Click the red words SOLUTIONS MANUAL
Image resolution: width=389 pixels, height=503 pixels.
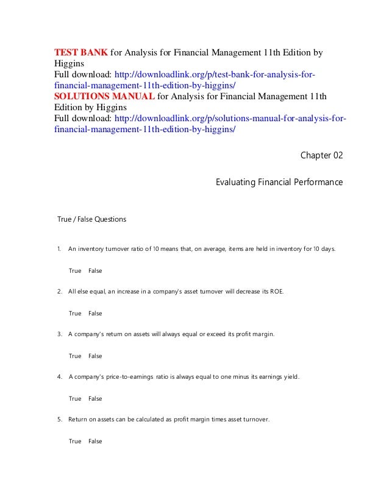click(x=104, y=96)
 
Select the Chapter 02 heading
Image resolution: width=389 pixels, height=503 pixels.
click(x=322, y=157)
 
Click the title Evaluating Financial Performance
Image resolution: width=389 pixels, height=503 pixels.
click(x=279, y=182)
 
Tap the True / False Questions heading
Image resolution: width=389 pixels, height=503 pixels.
click(x=91, y=219)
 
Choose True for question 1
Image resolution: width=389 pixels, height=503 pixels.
click(x=75, y=270)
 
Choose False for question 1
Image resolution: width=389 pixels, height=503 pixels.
click(x=95, y=270)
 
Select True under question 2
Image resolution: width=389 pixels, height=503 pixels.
click(x=75, y=313)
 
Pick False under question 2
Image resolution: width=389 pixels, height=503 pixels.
click(x=95, y=313)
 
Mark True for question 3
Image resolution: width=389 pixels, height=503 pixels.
click(x=75, y=356)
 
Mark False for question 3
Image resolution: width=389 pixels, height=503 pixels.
click(x=95, y=356)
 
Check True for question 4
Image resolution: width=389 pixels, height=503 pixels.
click(x=75, y=398)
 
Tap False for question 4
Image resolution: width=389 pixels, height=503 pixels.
click(x=95, y=398)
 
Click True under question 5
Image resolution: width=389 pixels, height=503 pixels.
click(x=75, y=441)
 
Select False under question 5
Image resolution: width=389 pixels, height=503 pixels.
click(x=95, y=441)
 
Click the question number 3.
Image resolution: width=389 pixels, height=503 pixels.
click(x=59, y=334)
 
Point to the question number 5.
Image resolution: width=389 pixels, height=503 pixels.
click(x=59, y=420)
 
